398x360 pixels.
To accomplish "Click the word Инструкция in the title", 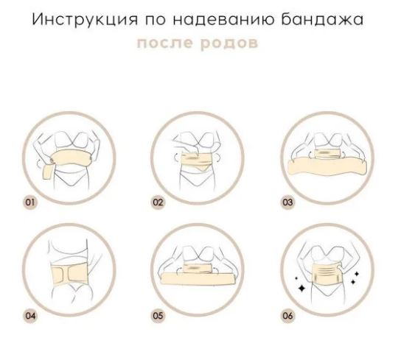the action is pyautogui.click(x=85, y=20).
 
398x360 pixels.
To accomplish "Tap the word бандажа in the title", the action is pyautogui.click(x=322, y=20).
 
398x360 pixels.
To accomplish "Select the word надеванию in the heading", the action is pyautogui.click(x=224, y=20).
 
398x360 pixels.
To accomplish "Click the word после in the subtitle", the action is pyautogui.click(x=165, y=43).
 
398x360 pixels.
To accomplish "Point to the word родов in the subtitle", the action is pyautogui.click(x=229, y=43).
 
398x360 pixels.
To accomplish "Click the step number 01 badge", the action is pyautogui.click(x=30, y=202).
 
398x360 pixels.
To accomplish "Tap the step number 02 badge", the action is pyautogui.click(x=158, y=202).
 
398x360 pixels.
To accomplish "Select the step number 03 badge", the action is pyautogui.click(x=288, y=202).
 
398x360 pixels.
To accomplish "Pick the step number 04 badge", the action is pyautogui.click(x=30, y=316).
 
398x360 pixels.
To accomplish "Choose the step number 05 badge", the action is pyautogui.click(x=158, y=316).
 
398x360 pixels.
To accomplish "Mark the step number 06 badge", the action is pyautogui.click(x=288, y=316).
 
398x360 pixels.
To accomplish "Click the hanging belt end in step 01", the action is pyautogui.click(x=48, y=172).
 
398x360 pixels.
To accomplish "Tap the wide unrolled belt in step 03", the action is pyautogui.click(x=327, y=166).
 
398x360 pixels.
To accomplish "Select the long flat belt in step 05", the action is pyautogui.click(x=198, y=278).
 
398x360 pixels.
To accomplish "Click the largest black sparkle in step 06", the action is pyautogui.click(x=302, y=288).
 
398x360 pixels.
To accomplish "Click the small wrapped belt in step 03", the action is pyautogui.click(x=327, y=154).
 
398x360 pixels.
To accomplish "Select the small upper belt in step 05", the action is pyautogui.click(x=198, y=269).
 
